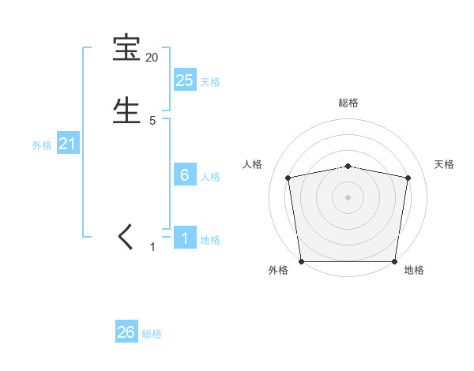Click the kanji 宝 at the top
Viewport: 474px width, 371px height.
(126, 49)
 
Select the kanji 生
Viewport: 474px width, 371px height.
(126, 110)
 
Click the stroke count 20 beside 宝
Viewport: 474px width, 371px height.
(152, 58)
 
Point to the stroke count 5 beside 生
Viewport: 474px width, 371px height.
(152, 120)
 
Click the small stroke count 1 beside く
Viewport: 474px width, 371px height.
(152, 247)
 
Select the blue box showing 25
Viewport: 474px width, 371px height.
(184, 80)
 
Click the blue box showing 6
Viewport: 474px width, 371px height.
(184, 174)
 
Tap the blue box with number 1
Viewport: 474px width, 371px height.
(184, 238)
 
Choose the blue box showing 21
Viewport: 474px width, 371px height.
(67, 143)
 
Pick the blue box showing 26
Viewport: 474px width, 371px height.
(126, 332)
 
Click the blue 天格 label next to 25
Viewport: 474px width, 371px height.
(210, 82)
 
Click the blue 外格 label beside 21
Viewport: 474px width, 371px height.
(42, 145)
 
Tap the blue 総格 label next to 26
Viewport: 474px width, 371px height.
(152, 335)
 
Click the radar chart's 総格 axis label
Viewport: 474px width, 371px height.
(348, 103)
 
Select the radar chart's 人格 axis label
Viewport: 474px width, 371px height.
(252, 164)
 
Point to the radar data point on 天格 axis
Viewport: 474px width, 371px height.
(408, 178)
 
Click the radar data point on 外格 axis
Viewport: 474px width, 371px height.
(301, 261)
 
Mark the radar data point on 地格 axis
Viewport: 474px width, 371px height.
(395, 261)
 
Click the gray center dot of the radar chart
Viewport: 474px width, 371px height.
(348, 197)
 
